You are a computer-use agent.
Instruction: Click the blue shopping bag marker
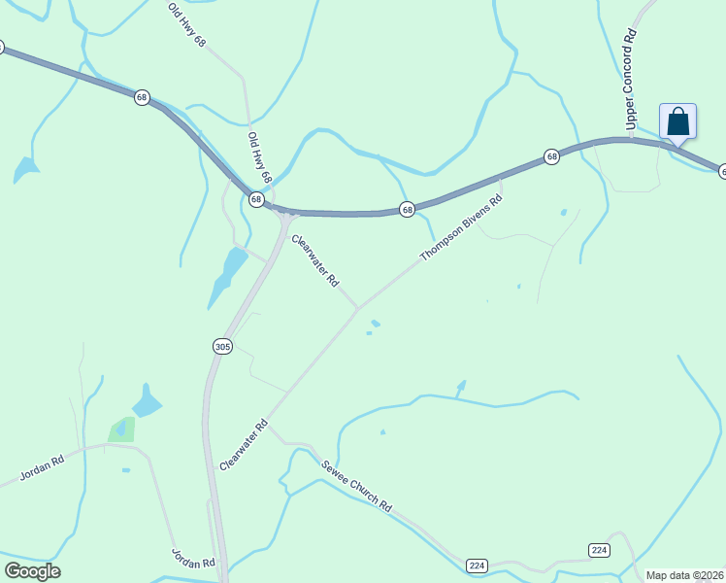(677, 122)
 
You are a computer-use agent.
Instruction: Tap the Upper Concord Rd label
(630, 80)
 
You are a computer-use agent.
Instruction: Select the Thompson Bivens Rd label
(461, 228)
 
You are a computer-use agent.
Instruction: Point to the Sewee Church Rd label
(356, 485)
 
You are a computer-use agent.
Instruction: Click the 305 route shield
(222, 347)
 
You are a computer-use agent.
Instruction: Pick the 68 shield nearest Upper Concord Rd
(551, 156)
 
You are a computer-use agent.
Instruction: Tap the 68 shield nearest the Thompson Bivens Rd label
(407, 209)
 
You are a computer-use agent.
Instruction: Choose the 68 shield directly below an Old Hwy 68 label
(256, 199)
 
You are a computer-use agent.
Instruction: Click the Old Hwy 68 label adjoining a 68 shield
(259, 158)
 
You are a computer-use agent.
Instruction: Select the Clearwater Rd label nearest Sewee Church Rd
(244, 446)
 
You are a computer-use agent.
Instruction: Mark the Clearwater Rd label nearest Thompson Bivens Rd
(315, 261)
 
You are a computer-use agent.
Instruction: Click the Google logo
(32, 571)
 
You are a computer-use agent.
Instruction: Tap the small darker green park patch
(120, 429)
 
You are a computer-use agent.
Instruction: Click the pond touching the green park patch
(147, 402)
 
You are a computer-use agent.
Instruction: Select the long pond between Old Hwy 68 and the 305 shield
(228, 273)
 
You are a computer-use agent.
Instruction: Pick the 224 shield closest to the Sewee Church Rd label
(477, 566)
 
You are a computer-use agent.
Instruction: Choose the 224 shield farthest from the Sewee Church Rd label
(599, 550)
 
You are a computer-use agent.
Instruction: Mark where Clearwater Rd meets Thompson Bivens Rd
(358, 308)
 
